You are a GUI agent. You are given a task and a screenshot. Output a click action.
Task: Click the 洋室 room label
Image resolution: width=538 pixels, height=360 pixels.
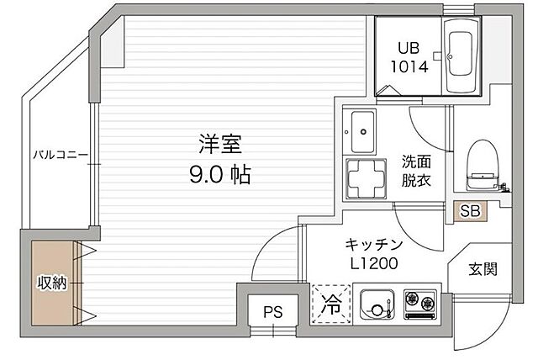[x=216, y=144]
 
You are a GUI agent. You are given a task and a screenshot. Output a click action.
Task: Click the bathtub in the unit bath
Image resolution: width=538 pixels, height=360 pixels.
[x=460, y=63]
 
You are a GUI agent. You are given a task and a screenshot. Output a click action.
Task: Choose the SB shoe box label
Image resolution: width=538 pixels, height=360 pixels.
[x=469, y=211]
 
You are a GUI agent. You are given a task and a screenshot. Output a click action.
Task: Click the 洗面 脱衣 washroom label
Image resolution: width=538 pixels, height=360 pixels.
[x=415, y=170]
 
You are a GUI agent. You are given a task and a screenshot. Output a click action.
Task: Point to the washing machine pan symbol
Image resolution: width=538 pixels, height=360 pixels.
[x=361, y=177]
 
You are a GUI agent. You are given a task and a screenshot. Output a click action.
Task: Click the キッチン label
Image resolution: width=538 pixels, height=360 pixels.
[x=374, y=244]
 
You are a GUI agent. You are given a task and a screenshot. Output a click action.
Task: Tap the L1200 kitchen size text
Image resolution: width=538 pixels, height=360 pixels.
[x=374, y=263]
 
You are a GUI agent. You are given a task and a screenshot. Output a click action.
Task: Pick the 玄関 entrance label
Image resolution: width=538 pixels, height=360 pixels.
[x=483, y=269]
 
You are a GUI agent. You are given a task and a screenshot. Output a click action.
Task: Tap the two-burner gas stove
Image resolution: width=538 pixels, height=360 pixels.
[x=419, y=304]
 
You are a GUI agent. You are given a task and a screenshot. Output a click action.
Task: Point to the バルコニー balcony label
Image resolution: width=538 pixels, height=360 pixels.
[x=61, y=156]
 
